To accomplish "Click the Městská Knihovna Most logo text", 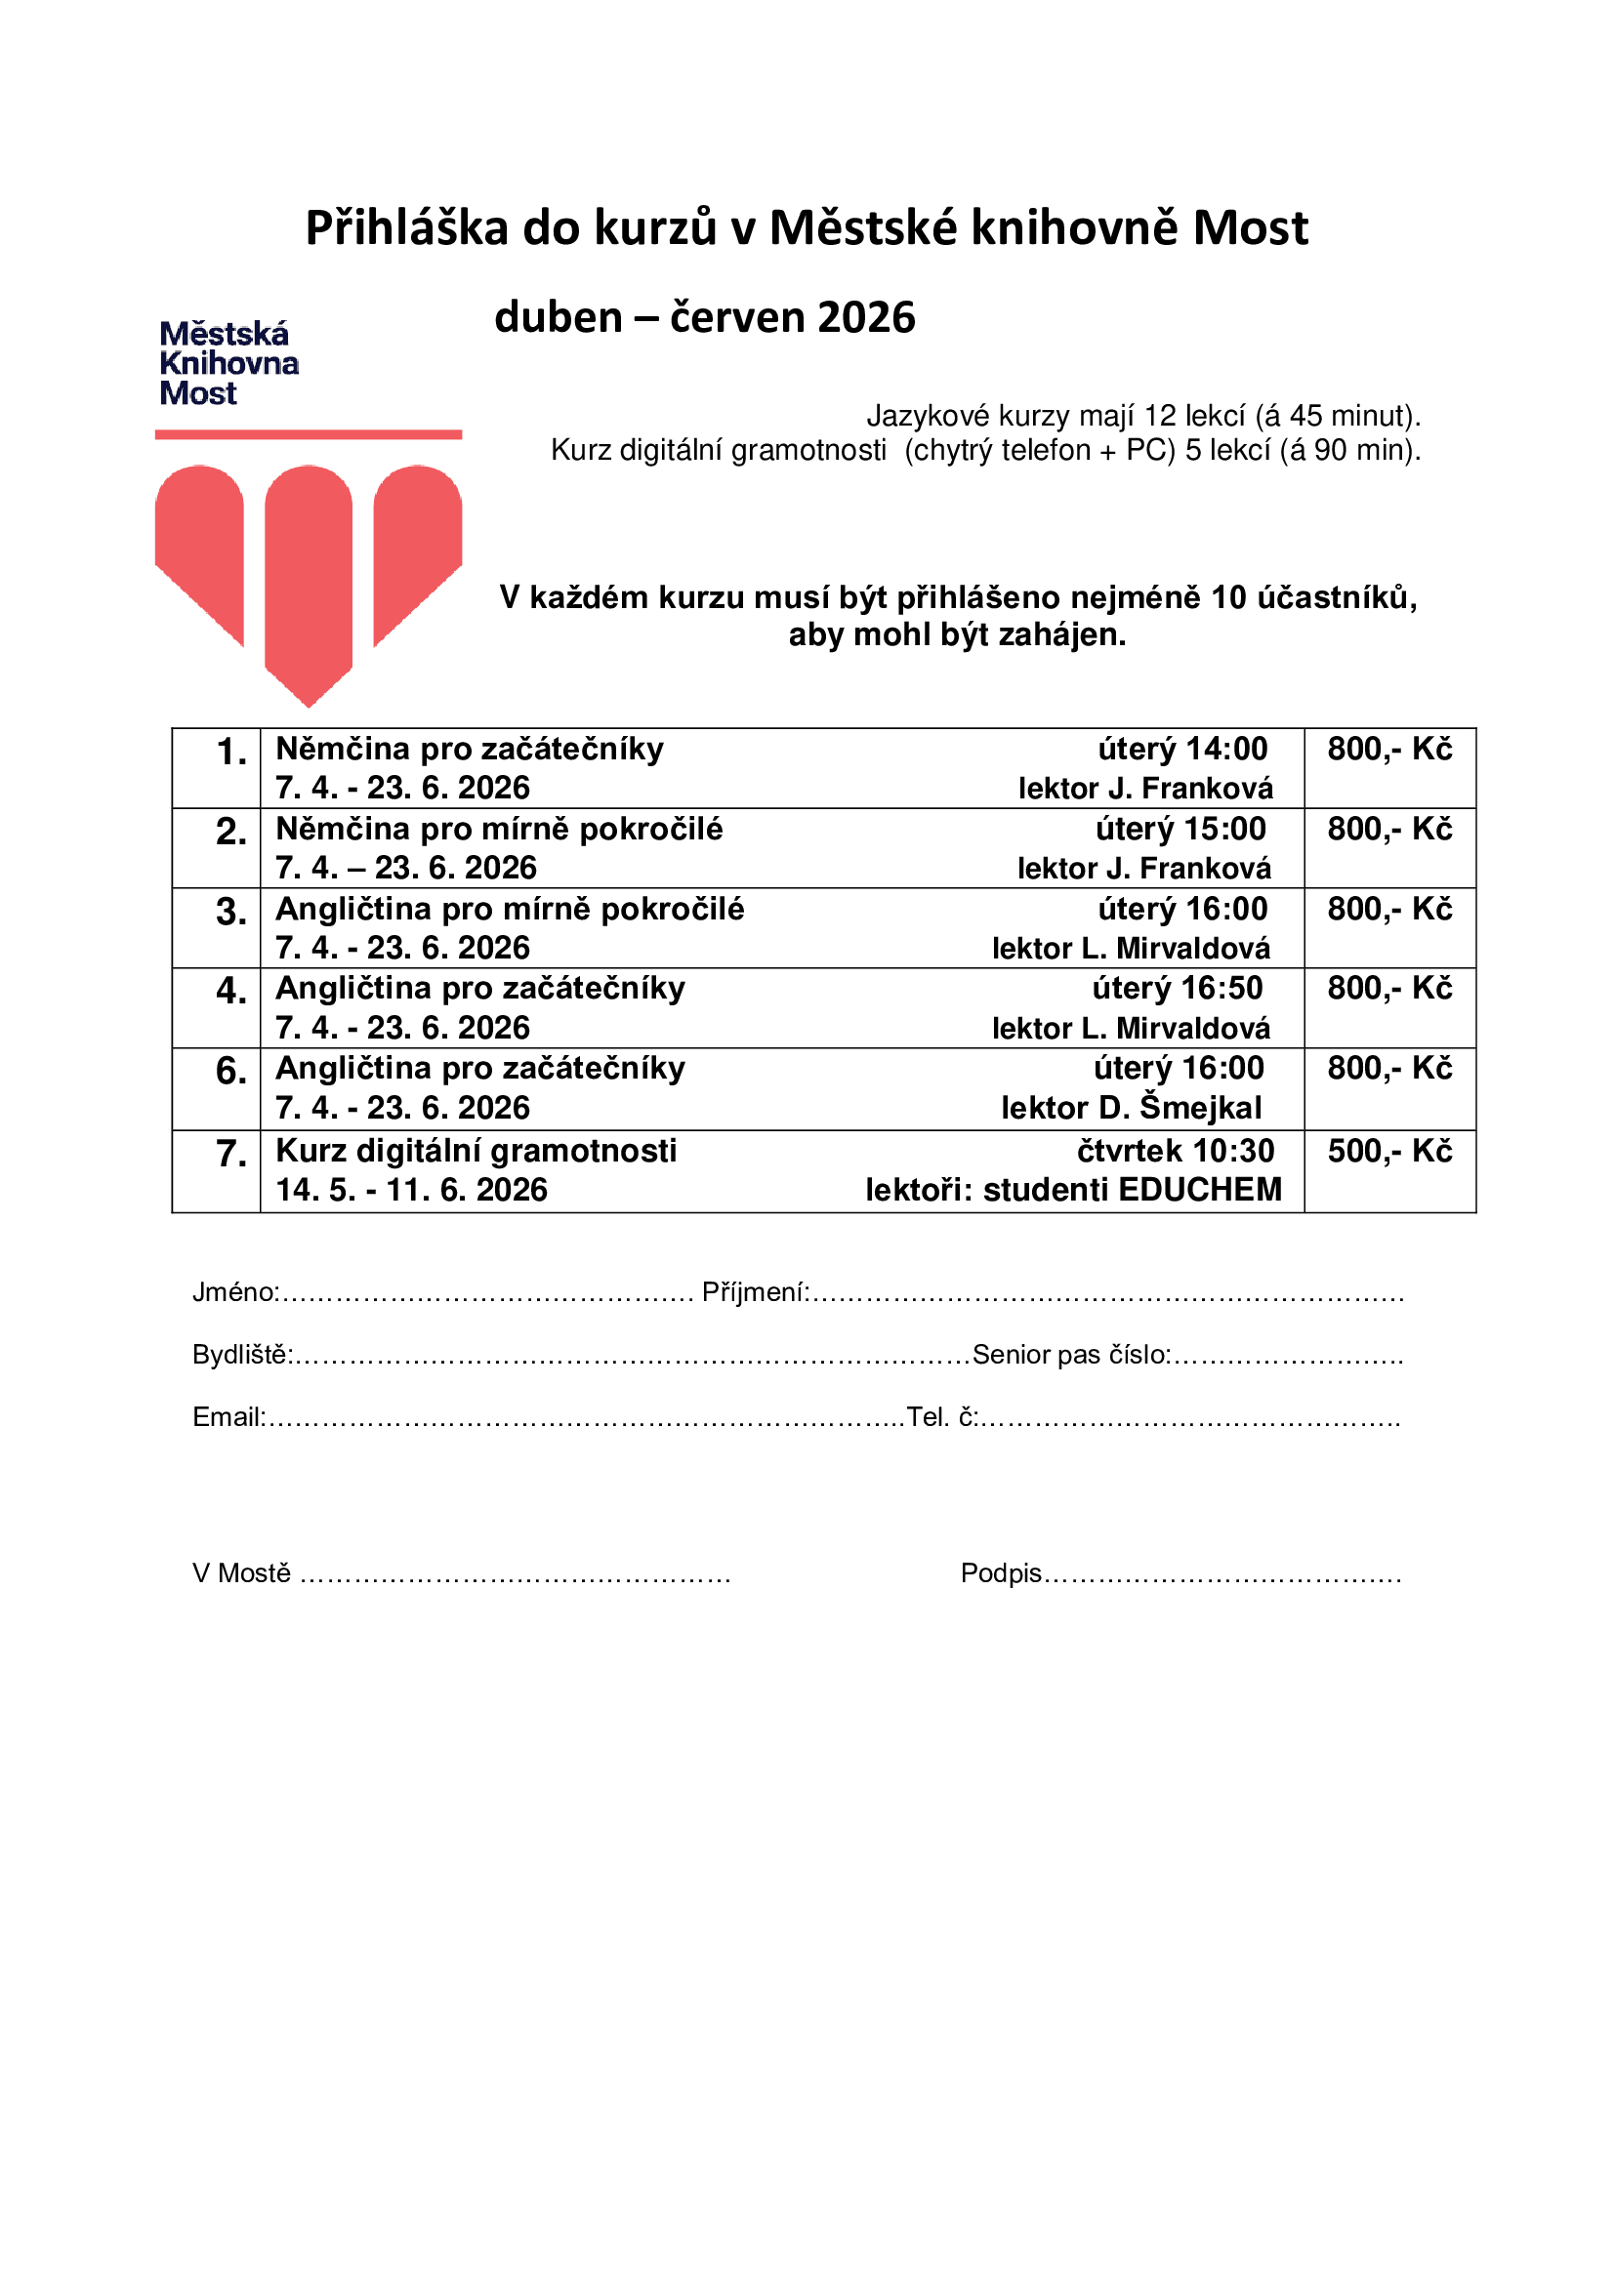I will point(228,363).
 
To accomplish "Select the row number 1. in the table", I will point(230,752).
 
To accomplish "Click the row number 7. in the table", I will point(230,1154).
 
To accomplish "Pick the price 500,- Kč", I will point(1389,1151).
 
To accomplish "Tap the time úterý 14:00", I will point(1182,749).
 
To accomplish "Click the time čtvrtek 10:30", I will point(1175,1151).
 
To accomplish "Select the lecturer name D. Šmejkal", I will point(1180,1108).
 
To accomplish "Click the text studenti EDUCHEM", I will point(1132,1189).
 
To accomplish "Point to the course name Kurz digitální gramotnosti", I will point(476,1151).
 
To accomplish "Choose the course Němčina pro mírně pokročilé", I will point(498,829).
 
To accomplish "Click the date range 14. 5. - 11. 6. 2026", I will point(411,1189).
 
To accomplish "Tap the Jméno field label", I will point(234,1291).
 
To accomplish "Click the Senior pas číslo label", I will point(1070,1355).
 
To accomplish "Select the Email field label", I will point(228,1417).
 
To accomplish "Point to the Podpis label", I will point(1001,1573).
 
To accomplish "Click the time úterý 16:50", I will point(1177,988).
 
